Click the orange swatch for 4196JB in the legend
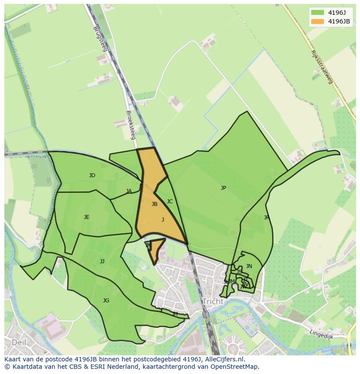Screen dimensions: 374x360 pyautogui.click(x=317, y=21)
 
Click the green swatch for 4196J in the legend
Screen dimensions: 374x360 pyautogui.click(x=317, y=12)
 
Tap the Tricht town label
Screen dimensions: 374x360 pyautogui.click(x=213, y=301)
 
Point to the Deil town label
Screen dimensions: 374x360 pyautogui.click(x=19, y=342)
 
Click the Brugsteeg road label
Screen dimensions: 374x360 pyautogui.click(x=100, y=39)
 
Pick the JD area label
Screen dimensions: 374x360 pyautogui.click(x=92, y=175)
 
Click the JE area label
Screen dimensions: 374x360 pyautogui.click(x=87, y=217)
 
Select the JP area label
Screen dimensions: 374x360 pyautogui.click(x=223, y=188)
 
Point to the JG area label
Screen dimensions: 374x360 pyautogui.click(x=106, y=301)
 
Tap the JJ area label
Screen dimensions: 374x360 pyautogui.click(x=102, y=261)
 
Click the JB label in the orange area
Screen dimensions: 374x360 pyautogui.click(x=154, y=204)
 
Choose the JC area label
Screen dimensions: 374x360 pyautogui.click(x=170, y=202)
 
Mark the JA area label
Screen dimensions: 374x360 pyautogui.click(x=129, y=191)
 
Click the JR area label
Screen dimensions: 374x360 pyautogui.click(x=266, y=218)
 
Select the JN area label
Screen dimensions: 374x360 pyautogui.click(x=249, y=266)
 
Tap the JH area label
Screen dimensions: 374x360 pyautogui.click(x=175, y=314)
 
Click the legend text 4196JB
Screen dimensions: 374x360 pyautogui.click(x=339, y=21)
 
